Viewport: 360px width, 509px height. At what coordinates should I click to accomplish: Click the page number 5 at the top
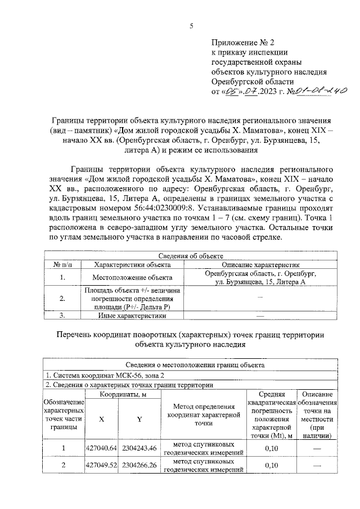191,26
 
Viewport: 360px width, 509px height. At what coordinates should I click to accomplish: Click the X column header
101,419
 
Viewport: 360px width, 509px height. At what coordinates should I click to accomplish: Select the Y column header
139,419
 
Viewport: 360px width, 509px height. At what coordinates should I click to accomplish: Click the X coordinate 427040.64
101,448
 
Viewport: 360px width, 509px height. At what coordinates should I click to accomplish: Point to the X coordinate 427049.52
101,465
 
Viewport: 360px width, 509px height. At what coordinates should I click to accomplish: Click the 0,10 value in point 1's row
272,448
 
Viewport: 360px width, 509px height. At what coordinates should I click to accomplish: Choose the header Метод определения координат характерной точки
204,415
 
